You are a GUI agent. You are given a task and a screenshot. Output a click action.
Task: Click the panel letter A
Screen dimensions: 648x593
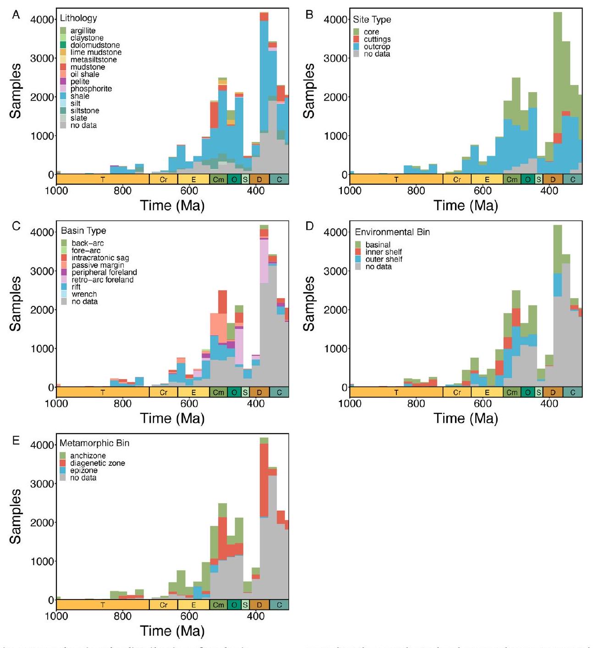(16, 15)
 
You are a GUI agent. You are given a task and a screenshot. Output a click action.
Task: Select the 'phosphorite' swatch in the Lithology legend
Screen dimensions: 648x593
(63, 89)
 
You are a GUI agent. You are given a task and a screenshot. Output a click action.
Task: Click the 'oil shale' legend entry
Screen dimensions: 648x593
(84, 74)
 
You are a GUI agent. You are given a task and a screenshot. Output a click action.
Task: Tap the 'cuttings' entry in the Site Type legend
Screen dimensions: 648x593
(377, 39)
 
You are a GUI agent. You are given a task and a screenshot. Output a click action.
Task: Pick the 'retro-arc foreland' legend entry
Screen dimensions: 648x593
(102, 280)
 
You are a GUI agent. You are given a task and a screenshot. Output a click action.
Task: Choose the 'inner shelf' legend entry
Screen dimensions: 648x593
(383, 252)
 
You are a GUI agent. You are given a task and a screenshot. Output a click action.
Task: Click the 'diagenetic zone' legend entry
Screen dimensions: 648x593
(97, 463)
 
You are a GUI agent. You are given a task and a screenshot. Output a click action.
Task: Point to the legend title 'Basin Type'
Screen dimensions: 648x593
(83, 231)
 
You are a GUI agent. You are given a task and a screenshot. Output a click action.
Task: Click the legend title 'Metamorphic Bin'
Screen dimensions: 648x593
(94, 443)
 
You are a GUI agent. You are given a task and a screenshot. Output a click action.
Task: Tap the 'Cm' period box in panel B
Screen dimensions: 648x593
(512, 180)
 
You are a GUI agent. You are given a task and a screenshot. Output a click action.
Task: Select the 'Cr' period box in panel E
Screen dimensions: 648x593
(164, 605)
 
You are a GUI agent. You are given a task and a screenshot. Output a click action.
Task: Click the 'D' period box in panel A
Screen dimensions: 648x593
(259, 180)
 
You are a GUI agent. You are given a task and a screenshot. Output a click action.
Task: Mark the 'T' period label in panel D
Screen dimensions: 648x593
(396, 392)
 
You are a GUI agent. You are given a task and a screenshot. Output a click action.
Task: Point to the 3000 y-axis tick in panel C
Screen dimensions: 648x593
(42, 271)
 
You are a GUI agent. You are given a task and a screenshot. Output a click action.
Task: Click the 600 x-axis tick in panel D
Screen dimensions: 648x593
(483, 403)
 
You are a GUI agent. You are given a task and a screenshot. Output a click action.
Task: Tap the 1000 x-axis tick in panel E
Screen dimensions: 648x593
(56, 616)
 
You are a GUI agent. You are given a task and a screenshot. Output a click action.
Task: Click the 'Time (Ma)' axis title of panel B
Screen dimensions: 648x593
(466, 206)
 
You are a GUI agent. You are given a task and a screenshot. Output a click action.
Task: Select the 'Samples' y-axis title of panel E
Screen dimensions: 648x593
(16, 516)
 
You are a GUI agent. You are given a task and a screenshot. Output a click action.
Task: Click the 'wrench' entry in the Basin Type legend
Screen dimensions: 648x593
(84, 294)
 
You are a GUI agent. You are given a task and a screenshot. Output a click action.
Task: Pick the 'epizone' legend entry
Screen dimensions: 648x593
(83, 470)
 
